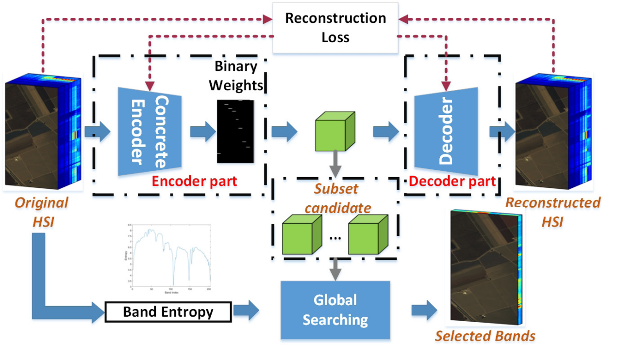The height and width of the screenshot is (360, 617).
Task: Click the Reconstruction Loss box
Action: pos(335,27)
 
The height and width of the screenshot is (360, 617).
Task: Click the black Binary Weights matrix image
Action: pos(235,132)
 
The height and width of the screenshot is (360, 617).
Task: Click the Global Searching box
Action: pos(335,310)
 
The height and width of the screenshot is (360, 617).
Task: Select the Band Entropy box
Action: pos(168,311)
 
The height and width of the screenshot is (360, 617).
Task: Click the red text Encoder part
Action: pos(194,181)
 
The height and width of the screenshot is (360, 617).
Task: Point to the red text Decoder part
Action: pos(452,181)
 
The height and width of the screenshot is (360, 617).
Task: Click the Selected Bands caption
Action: pos(485,336)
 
